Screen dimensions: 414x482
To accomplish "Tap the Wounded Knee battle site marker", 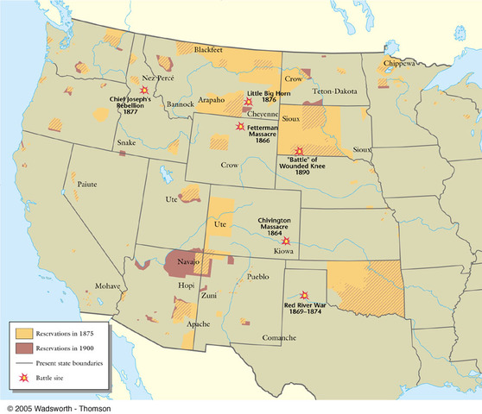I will pyautogui.click(x=299, y=150).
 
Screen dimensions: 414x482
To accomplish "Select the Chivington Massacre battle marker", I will pyautogui.click(x=286, y=241).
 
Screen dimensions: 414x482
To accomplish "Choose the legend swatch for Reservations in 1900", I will pyautogui.click(x=23, y=348).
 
